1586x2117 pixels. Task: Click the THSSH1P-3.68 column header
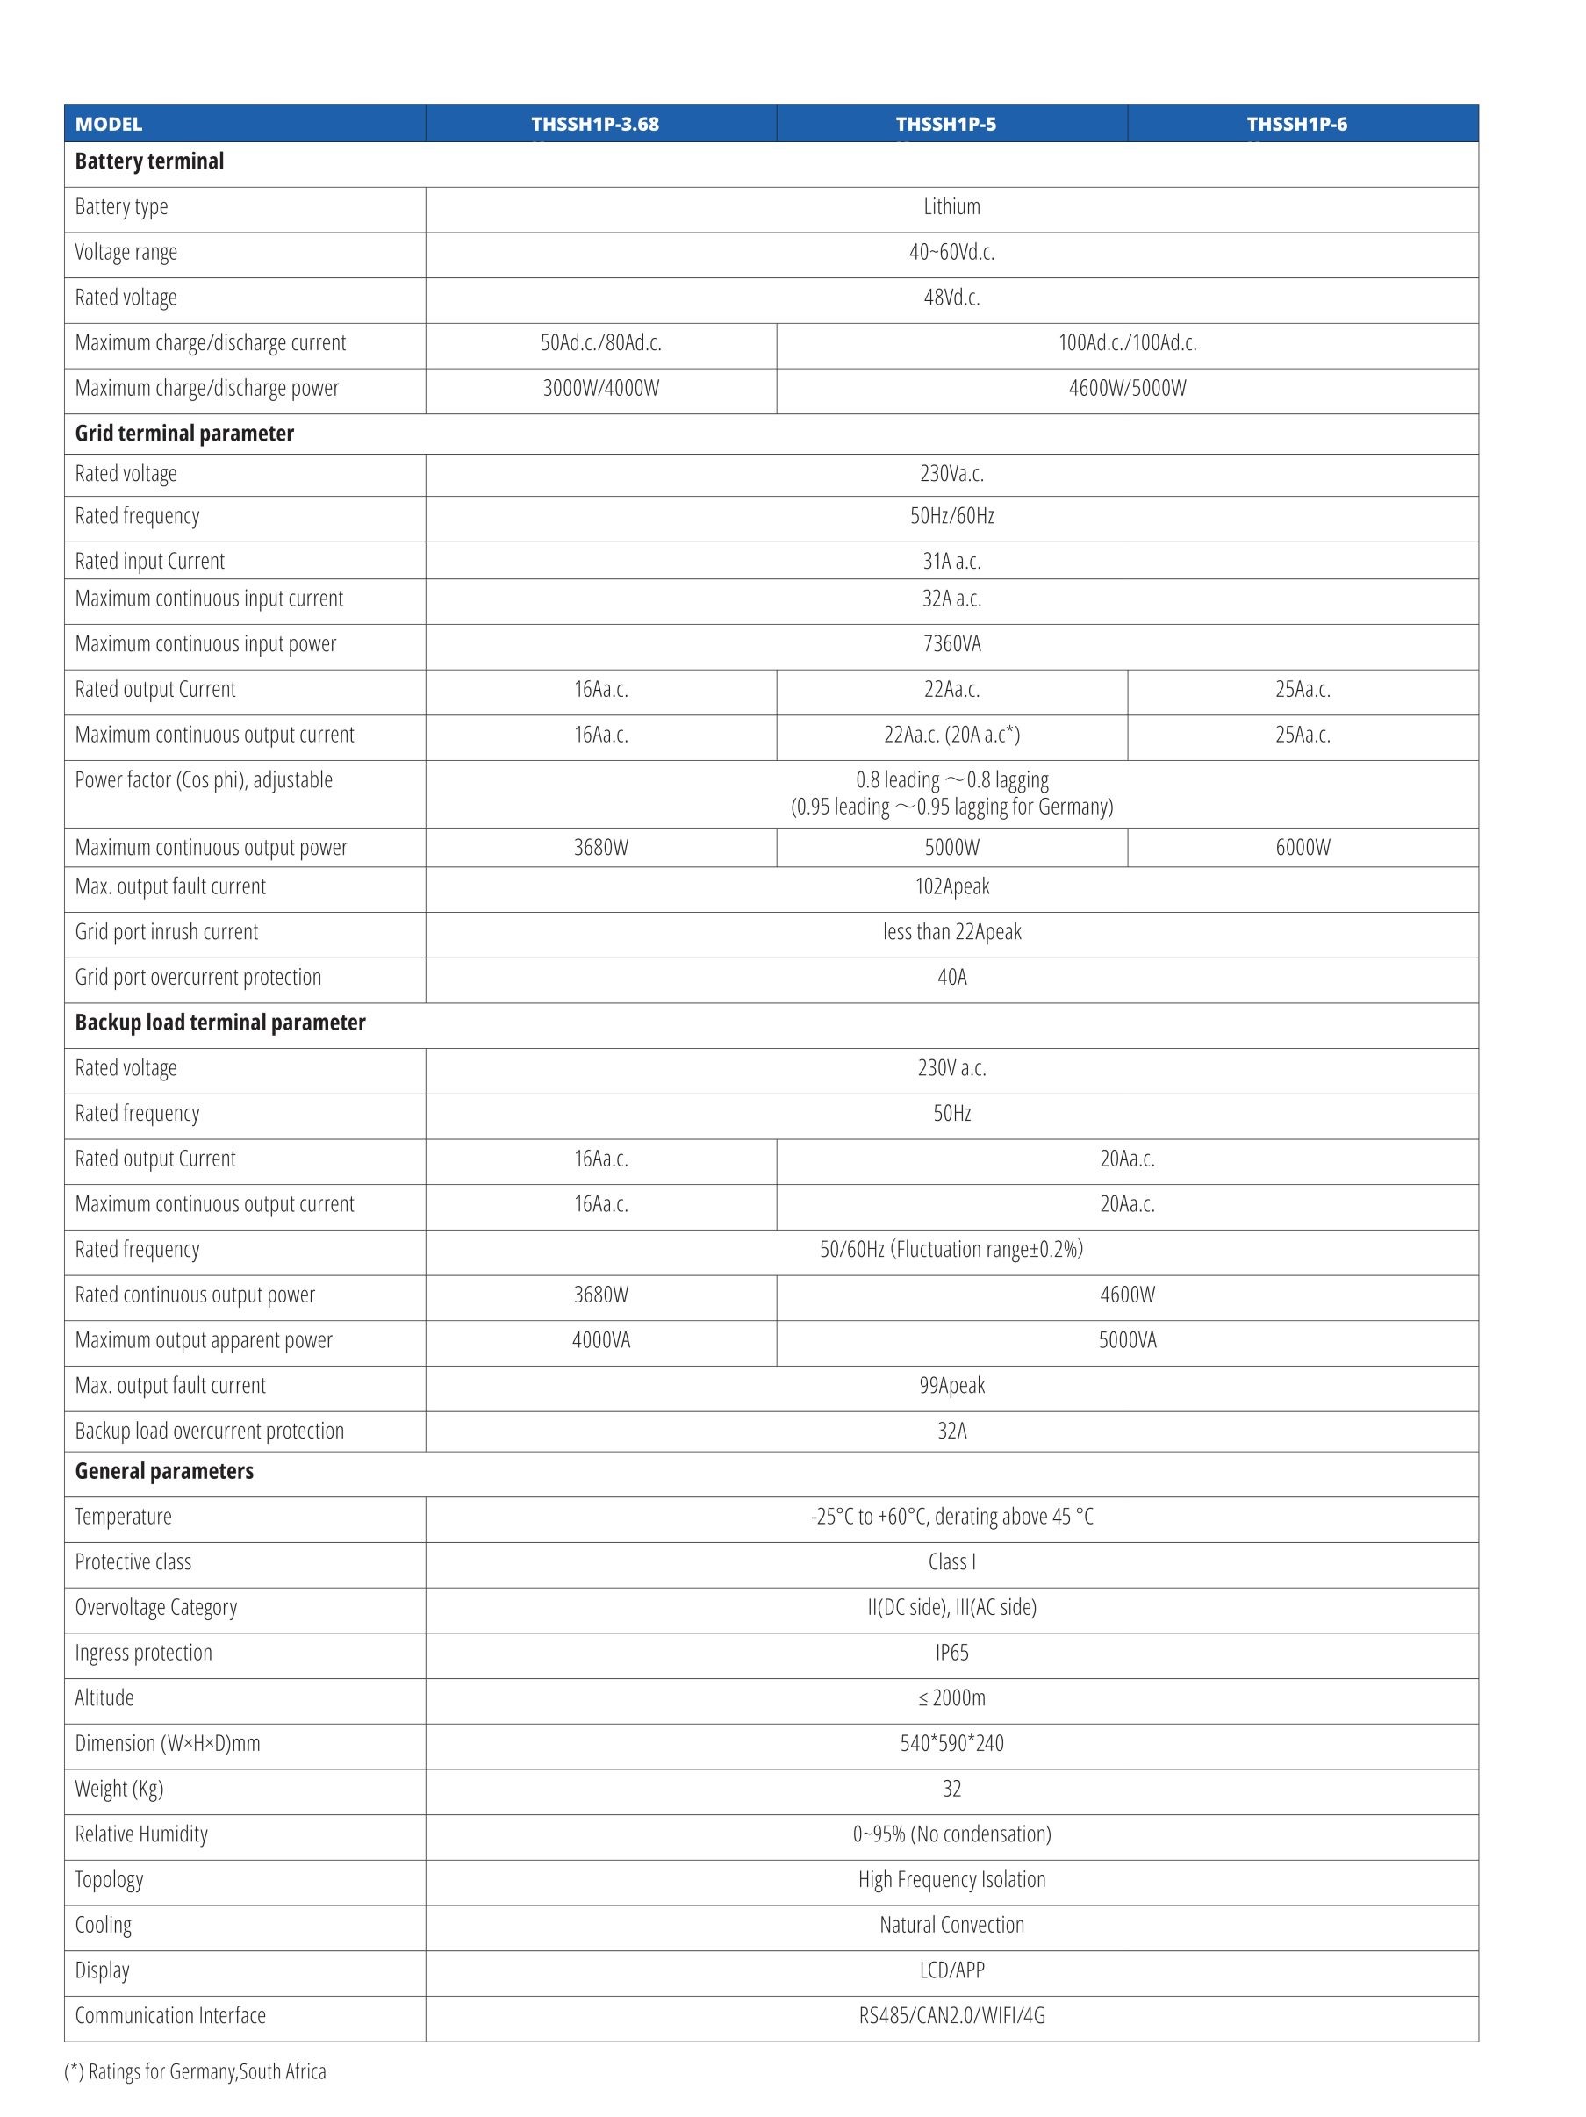tap(594, 125)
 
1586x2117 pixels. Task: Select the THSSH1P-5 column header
tap(944, 125)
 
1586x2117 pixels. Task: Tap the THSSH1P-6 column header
tap(1296, 125)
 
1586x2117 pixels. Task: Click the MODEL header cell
tap(108, 125)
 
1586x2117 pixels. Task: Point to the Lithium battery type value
tap(951, 207)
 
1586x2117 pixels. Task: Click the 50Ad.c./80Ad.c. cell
tap(600, 342)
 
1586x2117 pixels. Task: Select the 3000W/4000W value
tap(600, 389)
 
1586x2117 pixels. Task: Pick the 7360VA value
tap(951, 644)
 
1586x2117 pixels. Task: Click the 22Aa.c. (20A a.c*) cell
tap(951, 735)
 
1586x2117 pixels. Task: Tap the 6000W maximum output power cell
tap(1302, 848)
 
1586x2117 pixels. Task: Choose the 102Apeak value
tap(951, 887)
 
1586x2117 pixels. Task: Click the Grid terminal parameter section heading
tap(184, 434)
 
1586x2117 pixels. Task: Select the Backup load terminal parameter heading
tap(220, 1023)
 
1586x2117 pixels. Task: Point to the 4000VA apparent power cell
tap(600, 1341)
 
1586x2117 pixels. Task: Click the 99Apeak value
tap(951, 1386)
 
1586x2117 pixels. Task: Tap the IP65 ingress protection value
tap(951, 1653)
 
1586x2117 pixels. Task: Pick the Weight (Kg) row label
tap(119, 1789)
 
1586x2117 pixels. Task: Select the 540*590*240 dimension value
tap(951, 1744)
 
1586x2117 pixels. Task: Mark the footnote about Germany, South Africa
tap(195, 2072)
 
